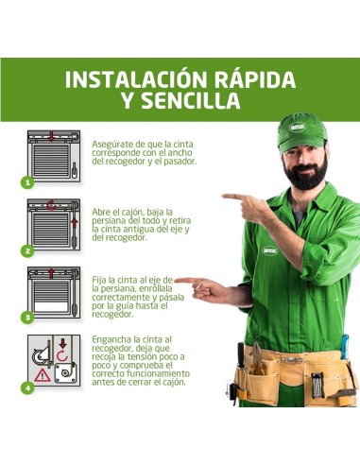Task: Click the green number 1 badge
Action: click(28, 181)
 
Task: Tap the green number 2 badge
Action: click(28, 250)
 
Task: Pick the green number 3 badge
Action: click(28, 318)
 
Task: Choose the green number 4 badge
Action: click(28, 387)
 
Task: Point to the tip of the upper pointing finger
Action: click(225, 197)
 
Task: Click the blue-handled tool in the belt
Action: click(344, 350)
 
